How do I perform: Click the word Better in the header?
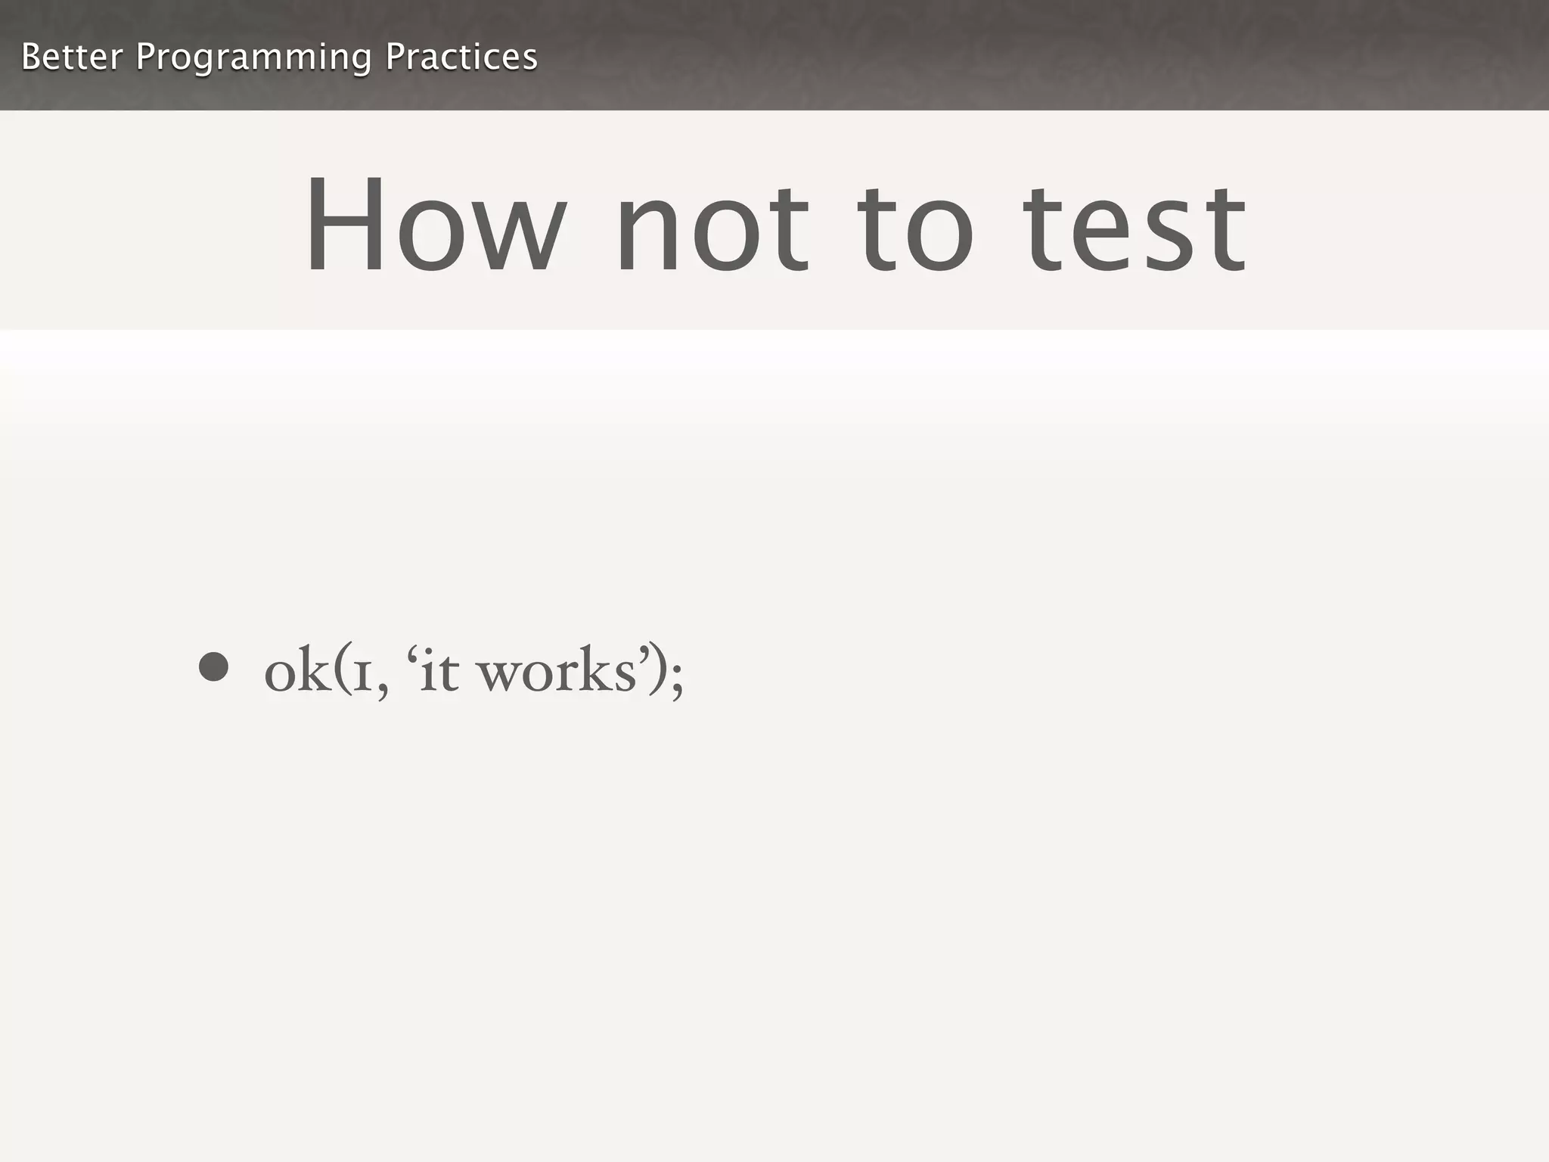tap(71, 57)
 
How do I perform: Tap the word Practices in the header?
tap(461, 57)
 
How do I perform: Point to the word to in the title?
tap(915, 227)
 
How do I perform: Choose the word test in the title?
tap(1134, 227)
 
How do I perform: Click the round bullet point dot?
tap(213, 666)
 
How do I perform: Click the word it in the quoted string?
tap(439, 670)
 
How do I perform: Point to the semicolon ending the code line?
tap(676, 676)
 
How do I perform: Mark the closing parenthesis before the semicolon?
tap(657, 670)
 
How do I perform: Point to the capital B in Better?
tap(31, 57)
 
